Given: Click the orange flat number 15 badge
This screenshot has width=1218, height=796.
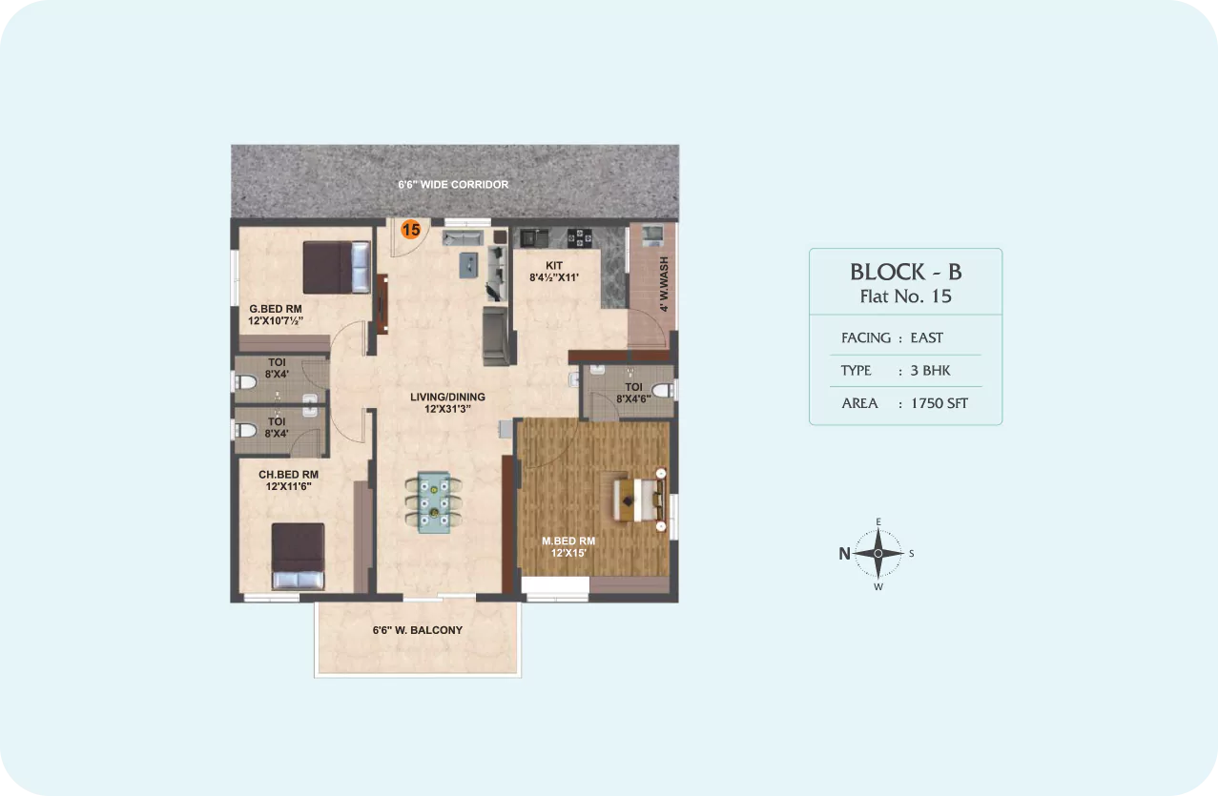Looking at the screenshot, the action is [x=411, y=230].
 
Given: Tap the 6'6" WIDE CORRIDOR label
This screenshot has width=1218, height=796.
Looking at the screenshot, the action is [x=453, y=185].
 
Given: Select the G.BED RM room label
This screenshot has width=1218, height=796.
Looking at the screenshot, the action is [x=275, y=309].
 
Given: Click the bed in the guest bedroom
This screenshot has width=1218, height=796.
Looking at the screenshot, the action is [x=337, y=267].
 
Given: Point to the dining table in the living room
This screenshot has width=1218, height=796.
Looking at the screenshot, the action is [x=434, y=502].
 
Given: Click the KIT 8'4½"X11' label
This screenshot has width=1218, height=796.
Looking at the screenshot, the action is [x=554, y=271].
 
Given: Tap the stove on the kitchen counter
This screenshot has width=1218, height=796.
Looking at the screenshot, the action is [x=580, y=238].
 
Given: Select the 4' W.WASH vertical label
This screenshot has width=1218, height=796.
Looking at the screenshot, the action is [x=664, y=284].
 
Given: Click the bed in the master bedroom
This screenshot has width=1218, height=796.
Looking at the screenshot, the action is [x=640, y=500].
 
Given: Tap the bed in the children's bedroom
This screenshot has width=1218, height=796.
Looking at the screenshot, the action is [x=298, y=557].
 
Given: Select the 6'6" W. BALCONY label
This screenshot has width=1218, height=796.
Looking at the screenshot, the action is [x=418, y=630].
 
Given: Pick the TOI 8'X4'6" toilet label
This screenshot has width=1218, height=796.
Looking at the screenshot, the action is [x=633, y=393].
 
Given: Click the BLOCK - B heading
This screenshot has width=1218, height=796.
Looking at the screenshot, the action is [x=906, y=273].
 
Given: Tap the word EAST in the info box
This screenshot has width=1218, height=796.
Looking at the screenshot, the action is [x=926, y=338].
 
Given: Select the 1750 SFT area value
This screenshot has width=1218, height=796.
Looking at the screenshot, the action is [x=939, y=403].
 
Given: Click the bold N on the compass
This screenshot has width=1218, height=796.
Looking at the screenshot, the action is [x=844, y=554].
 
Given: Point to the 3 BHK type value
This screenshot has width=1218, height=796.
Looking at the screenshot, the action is [x=930, y=371].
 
